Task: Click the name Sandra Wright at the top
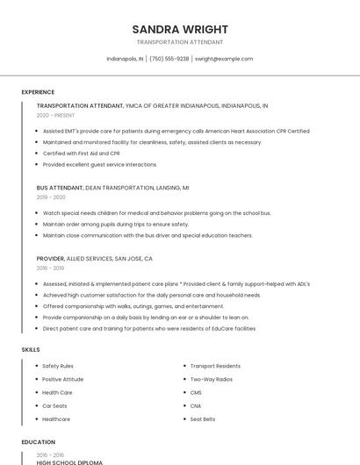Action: click(180, 29)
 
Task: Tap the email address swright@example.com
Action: click(224, 59)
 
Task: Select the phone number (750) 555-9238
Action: click(169, 59)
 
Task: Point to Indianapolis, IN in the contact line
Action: click(125, 59)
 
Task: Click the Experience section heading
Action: click(38, 92)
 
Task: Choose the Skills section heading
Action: click(31, 350)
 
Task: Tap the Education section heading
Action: click(38, 442)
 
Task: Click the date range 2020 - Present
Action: click(55, 115)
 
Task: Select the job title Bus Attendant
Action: click(60, 188)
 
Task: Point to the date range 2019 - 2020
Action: click(51, 197)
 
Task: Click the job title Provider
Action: click(50, 259)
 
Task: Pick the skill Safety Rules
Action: click(58, 366)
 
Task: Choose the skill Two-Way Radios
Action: click(211, 379)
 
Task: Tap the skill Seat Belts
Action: click(203, 419)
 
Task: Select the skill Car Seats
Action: click(54, 406)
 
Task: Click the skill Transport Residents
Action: click(215, 366)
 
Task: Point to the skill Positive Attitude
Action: click(63, 379)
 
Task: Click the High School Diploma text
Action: click(69, 462)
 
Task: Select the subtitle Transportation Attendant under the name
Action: click(180, 42)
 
